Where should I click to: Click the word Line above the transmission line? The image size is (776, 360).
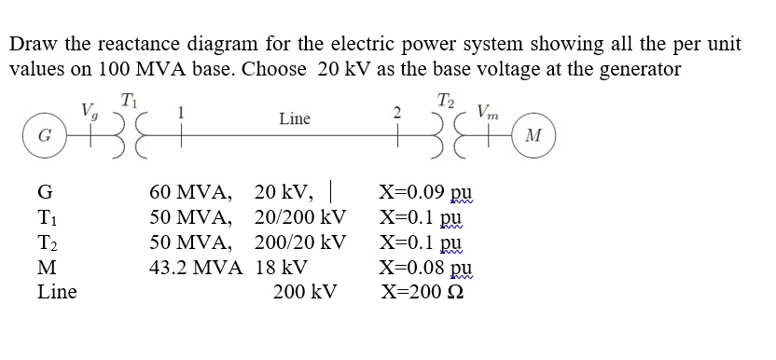point(294,118)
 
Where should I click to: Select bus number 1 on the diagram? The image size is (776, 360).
point(182,112)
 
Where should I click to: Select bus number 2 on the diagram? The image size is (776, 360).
point(397,112)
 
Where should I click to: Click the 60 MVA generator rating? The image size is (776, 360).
point(190,194)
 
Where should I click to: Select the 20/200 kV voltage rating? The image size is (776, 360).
point(300,218)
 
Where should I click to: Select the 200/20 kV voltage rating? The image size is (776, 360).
point(300,242)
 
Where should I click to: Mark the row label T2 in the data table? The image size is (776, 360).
point(48,243)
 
